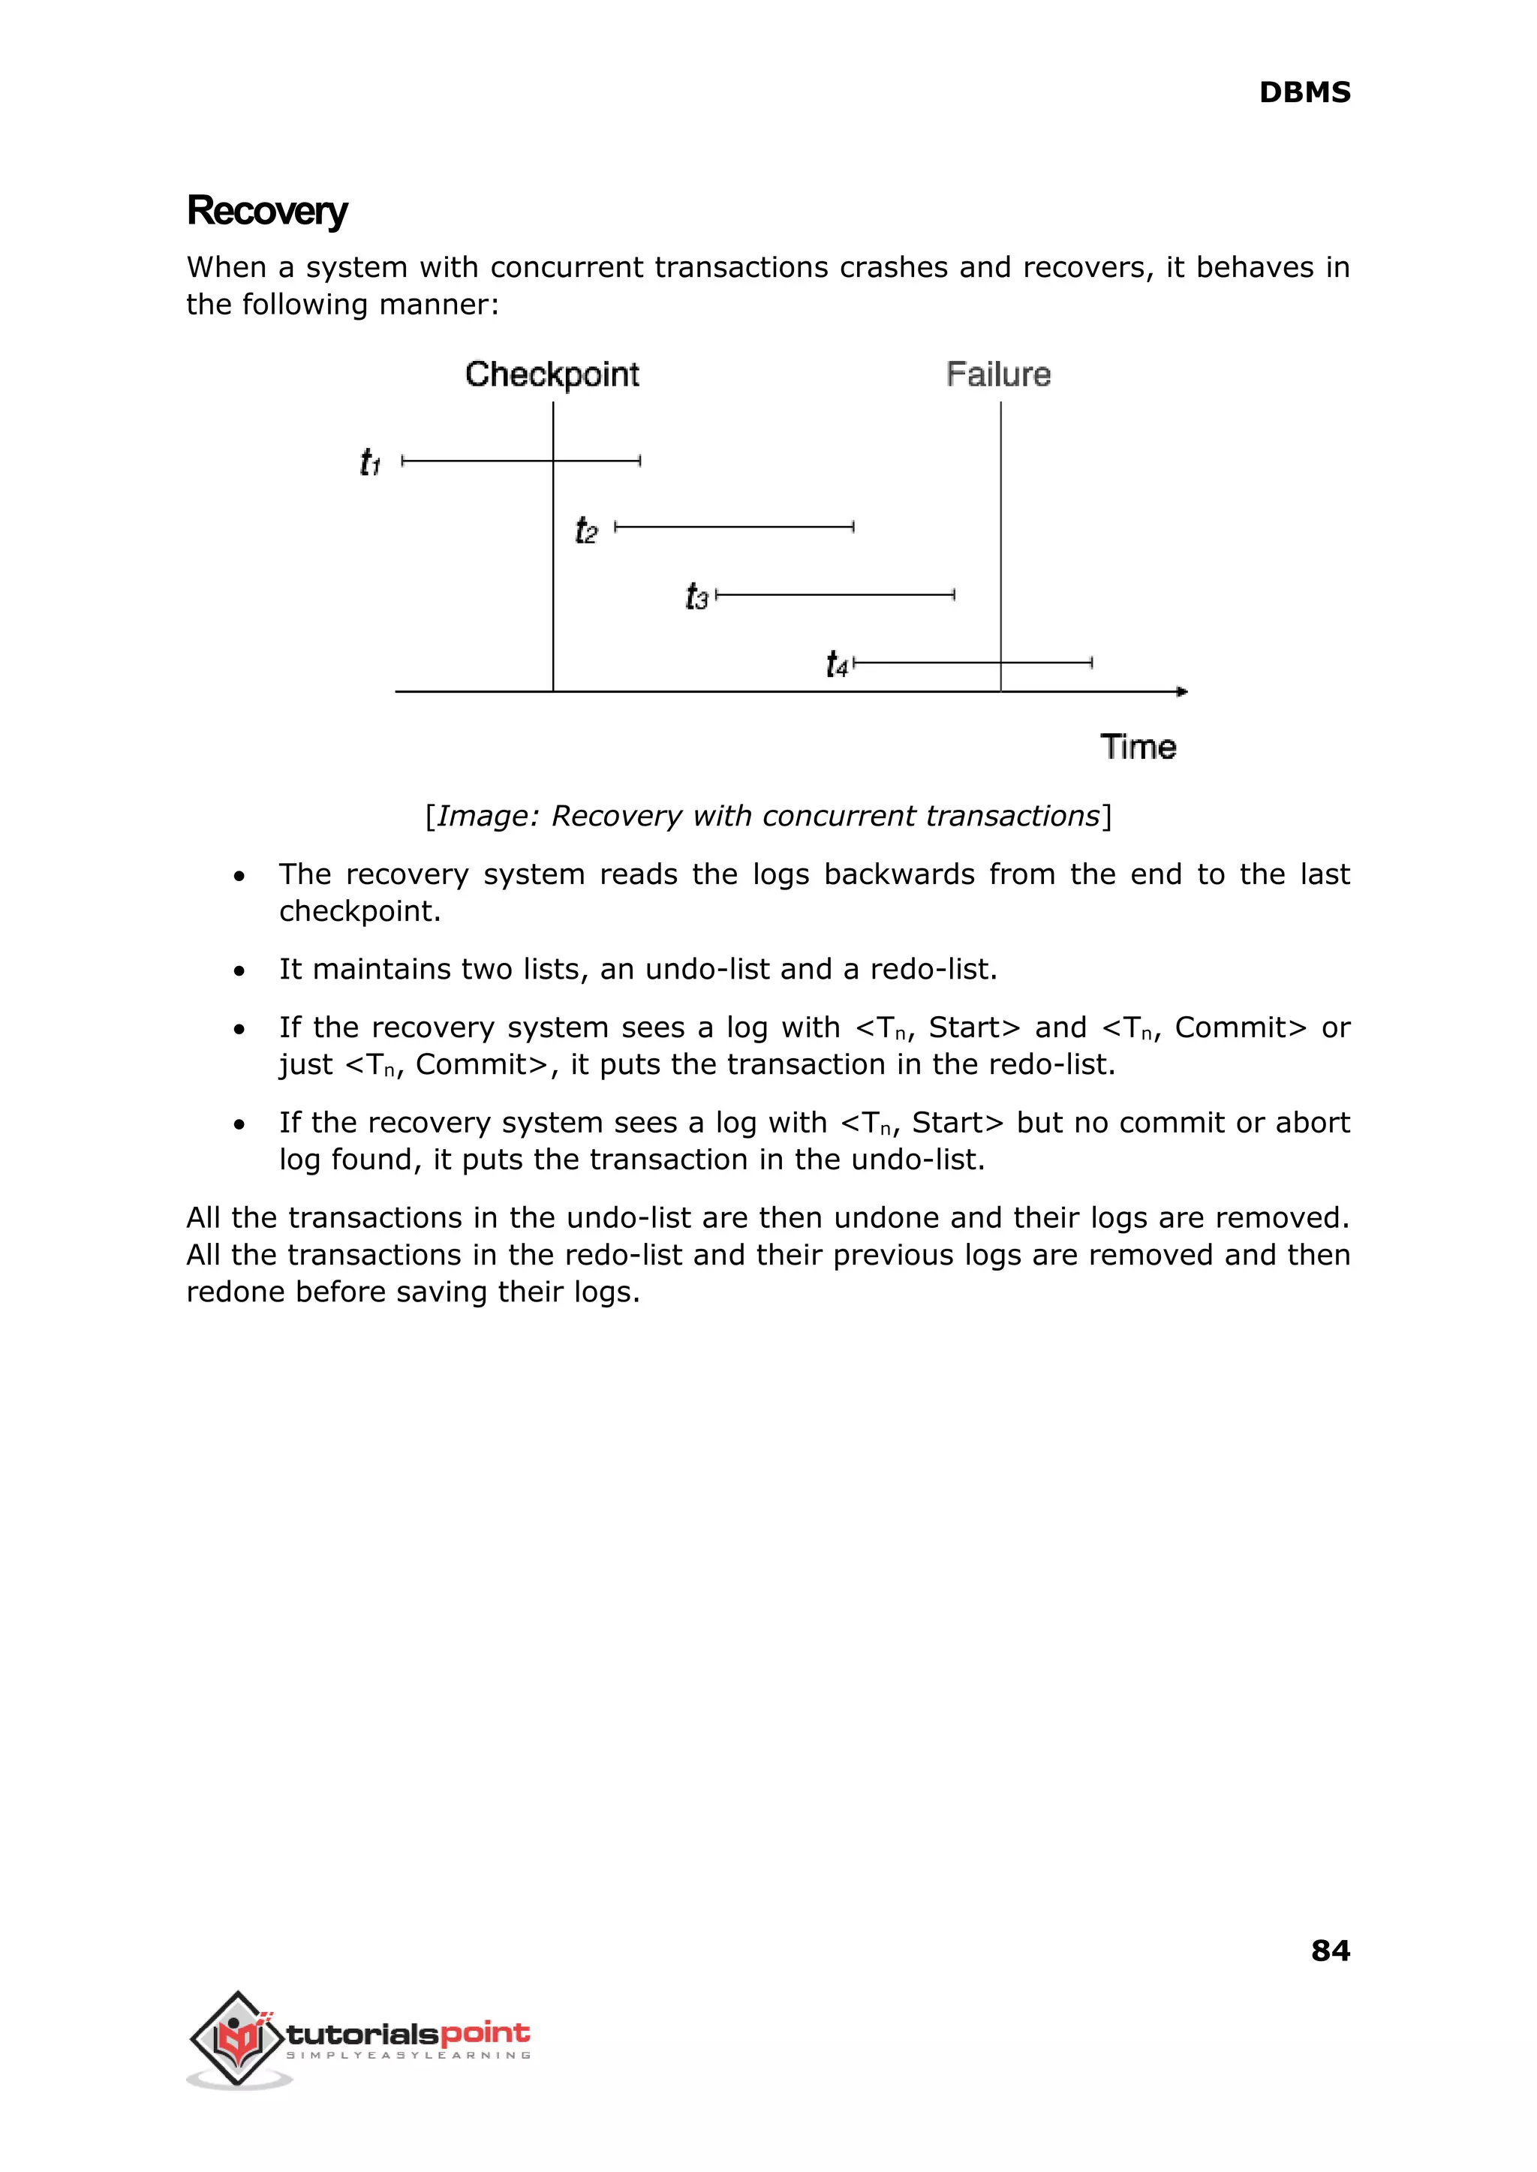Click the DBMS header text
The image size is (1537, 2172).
1304,93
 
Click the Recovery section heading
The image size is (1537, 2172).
267,211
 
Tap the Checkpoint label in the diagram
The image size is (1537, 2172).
552,375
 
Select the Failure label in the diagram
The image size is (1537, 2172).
997,375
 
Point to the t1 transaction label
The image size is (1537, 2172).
370,463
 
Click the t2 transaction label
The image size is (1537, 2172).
586,530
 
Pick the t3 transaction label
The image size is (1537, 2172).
696,597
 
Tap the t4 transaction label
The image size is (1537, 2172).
837,664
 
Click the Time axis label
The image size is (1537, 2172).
1138,747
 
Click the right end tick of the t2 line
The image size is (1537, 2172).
853,527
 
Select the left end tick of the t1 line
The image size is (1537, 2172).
403,461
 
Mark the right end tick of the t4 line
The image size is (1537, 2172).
1092,663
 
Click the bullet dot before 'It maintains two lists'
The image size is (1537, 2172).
239,971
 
